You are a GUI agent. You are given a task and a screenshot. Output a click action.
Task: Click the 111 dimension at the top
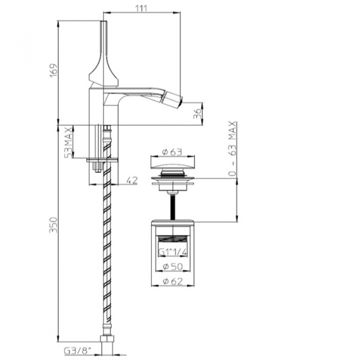[141, 8]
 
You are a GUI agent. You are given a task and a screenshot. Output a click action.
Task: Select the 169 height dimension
[54, 70]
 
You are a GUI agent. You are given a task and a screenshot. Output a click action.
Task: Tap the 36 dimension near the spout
[197, 113]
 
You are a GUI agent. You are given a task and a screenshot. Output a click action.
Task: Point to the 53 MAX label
[68, 142]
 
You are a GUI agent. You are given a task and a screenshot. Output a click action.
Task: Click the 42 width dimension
[132, 180]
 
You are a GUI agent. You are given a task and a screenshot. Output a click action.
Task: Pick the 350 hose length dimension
[53, 225]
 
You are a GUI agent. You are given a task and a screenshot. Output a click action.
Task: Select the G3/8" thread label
[77, 351]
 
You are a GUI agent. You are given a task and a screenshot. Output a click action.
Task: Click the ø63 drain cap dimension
[172, 152]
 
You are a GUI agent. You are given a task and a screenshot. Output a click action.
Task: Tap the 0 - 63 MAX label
[233, 149]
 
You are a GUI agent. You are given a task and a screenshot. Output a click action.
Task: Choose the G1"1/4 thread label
[173, 252]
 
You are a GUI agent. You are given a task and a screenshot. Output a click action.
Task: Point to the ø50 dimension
[173, 266]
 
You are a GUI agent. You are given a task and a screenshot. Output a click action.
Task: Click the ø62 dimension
[173, 281]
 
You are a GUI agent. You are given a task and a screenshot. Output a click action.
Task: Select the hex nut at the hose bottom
[107, 339]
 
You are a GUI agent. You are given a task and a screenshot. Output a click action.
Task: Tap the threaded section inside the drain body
[173, 239]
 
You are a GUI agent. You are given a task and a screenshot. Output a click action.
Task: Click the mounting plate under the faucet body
[102, 160]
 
